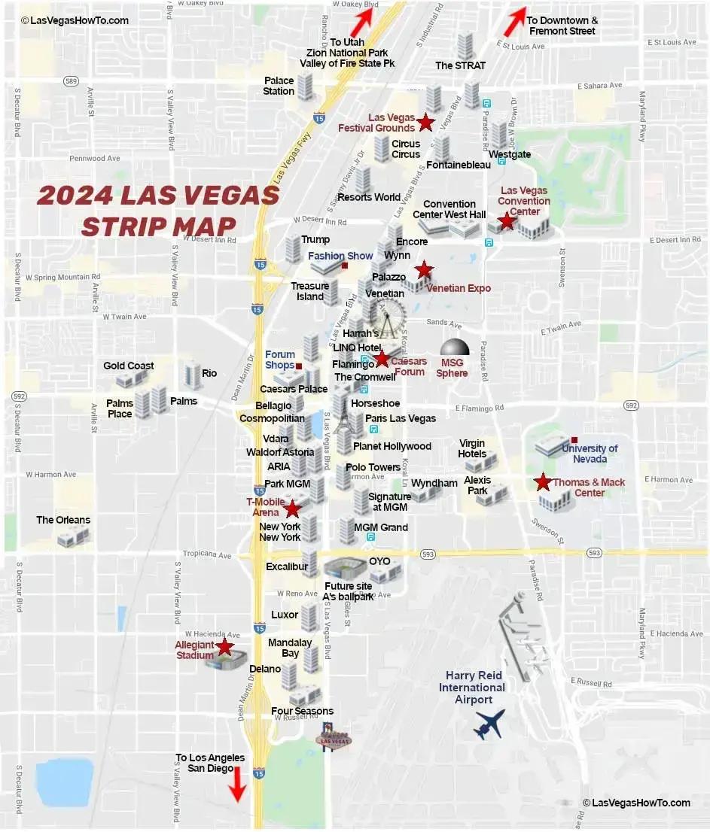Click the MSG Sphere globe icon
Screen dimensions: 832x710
[455, 349]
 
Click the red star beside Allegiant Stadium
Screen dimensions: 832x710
[224, 646]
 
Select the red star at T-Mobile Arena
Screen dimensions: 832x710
[292, 509]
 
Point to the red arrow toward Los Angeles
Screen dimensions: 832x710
[237, 784]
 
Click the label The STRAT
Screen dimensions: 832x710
[460, 65]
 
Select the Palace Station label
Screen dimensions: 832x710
[279, 86]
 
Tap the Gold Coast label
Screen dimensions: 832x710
[129, 366]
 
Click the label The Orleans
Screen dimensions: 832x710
[63, 520]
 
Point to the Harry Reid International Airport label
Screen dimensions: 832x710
[472, 688]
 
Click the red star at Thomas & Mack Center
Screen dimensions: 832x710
[542, 482]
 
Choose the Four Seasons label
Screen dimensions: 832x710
[302, 711]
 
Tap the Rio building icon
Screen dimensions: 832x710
[192, 374]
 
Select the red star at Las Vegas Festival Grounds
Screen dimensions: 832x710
[425, 121]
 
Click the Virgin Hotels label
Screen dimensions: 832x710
[472, 448]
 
